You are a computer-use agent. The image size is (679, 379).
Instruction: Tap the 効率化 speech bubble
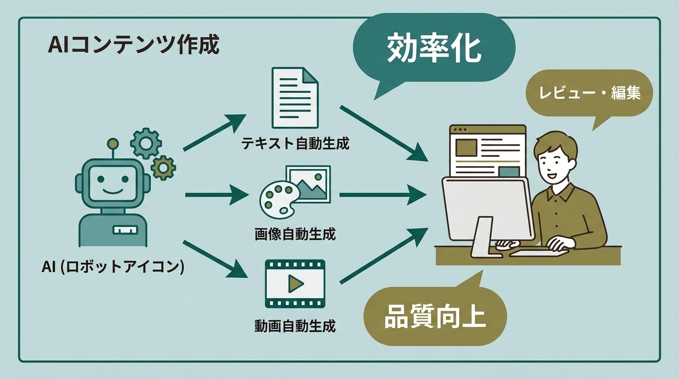pos(434,48)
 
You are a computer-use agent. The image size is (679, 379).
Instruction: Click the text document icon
pos(295,97)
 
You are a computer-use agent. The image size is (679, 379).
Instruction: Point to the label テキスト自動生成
pos(295,144)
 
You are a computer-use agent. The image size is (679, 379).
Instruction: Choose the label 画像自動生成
pos(295,234)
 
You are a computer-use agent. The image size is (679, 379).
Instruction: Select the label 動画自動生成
pos(295,326)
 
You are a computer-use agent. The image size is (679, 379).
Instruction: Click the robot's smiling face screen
pos(113,182)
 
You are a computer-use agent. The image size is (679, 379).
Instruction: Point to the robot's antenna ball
pos(113,144)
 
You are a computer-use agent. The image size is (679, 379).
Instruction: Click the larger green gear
pos(146,143)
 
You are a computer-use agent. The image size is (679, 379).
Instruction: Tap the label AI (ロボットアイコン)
pos(113,267)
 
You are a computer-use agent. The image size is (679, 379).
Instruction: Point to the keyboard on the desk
pos(538,252)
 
